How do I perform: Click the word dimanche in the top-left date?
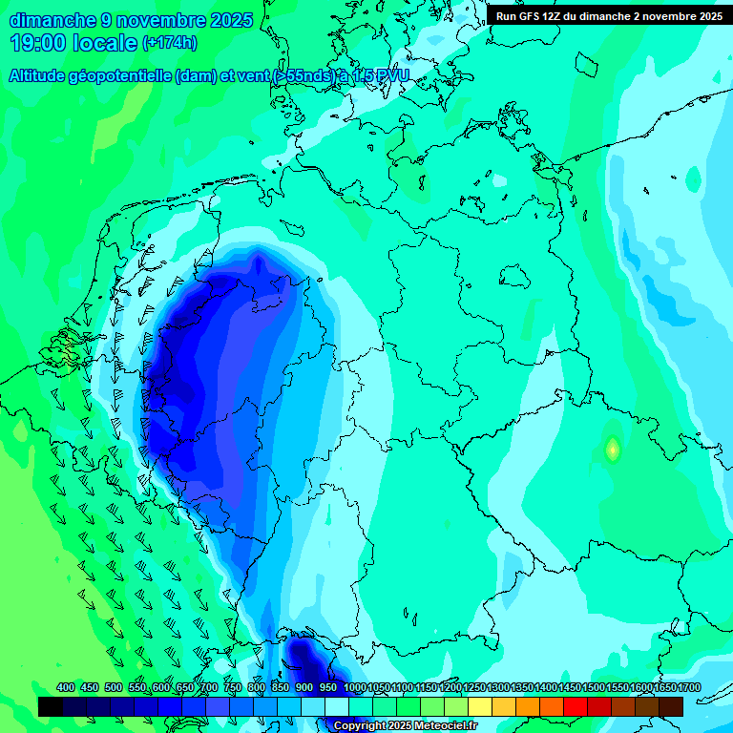pyautogui.click(x=53, y=20)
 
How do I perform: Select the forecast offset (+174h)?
pyautogui.click(x=169, y=43)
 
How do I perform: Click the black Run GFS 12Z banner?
pyautogui.click(x=609, y=16)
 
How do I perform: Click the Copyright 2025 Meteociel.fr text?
pyautogui.click(x=405, y=725)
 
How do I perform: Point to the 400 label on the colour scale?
pyautogui.click(x=66, y=687)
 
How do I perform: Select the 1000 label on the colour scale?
pyautogui.click(x=355, y=687)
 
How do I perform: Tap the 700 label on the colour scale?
pyautogui.click(x=209, y=687)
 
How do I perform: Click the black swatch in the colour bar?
pyautogui.click(x=51, y=706)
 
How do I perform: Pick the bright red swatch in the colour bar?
pyautogui.click(x=575, y=706)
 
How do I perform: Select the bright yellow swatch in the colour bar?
pyautogui.click(x=480, y=706)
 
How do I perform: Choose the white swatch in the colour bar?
pyautogui.click(x=337, y=706)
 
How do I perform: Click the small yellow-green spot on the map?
pyautogui.click(x=613, y=448)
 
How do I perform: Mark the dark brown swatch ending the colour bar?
pyautogui.click(x=671, y=706)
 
